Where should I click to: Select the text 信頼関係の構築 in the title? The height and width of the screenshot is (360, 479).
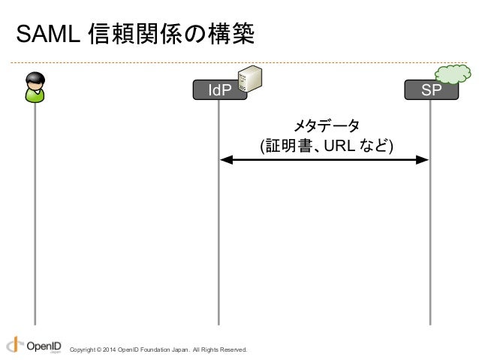point(170,35)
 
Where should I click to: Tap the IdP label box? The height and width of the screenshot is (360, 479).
point(218,91)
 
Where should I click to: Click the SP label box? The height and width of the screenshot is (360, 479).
point(430,91)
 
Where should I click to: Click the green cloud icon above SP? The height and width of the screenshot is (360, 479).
point(453,73)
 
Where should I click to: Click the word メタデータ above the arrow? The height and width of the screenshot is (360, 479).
point(325,125)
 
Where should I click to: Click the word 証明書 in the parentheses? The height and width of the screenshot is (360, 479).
point(288,144)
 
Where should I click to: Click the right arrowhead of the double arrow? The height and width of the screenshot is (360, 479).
point(423,159)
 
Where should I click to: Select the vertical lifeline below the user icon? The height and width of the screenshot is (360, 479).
point(34,218)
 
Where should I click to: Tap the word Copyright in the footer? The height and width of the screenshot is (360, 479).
point(81,350)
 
